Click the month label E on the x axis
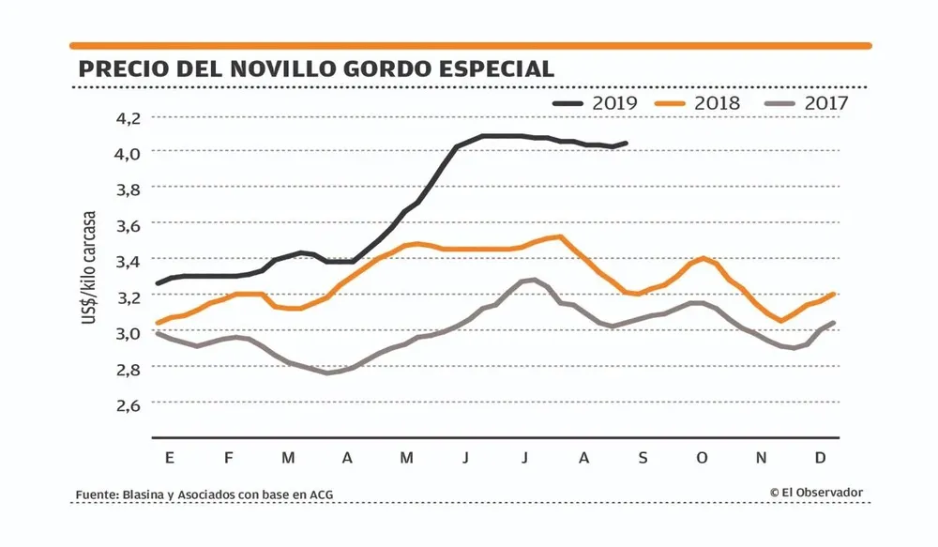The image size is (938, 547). tap(169, 458)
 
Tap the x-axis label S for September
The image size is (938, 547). tap(643, 458)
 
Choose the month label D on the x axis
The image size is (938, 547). tap(820, 458)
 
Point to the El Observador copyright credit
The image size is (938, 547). tap(815, 492)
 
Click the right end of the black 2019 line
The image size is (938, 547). tap(626, 144)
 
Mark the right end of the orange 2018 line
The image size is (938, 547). tap(833, 294)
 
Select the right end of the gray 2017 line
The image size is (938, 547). tap(833, 323)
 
